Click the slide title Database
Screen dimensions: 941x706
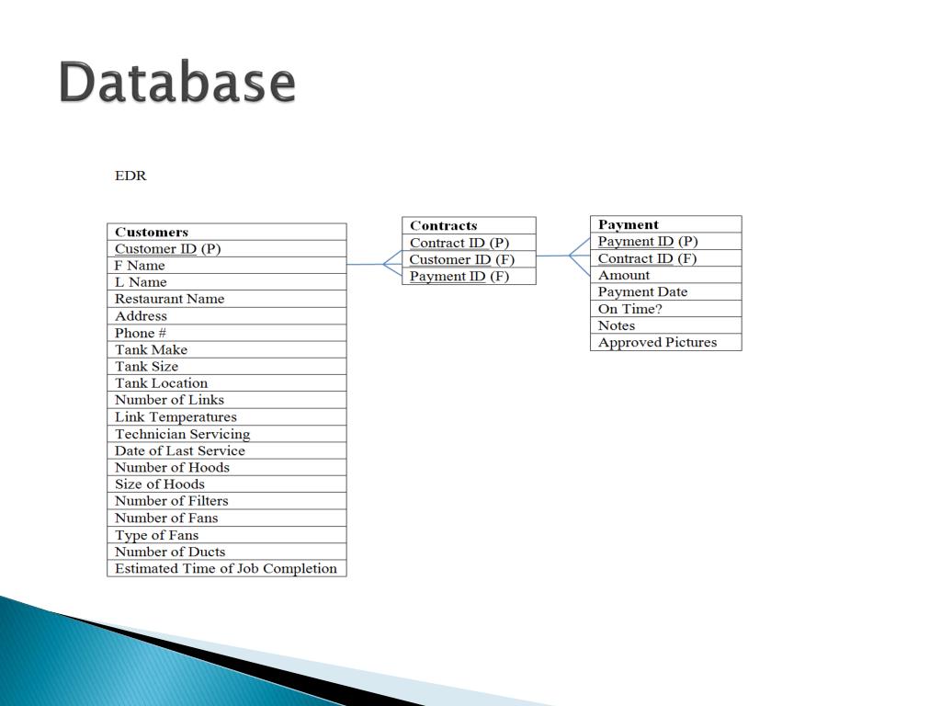point(177,83)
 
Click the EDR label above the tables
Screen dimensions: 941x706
point(130,175)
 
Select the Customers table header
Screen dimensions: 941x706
point(152,232)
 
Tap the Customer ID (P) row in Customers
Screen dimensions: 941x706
point(168,248)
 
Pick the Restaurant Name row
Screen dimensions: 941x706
point(169,299)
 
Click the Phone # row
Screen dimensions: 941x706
point(141,333)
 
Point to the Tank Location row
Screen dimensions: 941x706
point(161,383)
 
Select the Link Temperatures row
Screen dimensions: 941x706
point(176,416)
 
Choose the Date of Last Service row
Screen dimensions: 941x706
point(180,450)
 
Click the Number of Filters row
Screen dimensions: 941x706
point(172,501)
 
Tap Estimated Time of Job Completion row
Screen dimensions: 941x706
point(226,568)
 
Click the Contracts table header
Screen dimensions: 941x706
point(444,225)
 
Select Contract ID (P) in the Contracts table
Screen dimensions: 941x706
point(459,243)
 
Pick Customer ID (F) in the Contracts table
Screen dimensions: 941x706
point(462,259)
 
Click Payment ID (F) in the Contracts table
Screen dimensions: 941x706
point(459,276)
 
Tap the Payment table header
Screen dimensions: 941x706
point(629,224)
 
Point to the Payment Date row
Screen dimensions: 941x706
point(642,291)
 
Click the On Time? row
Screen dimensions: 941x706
point(630,309)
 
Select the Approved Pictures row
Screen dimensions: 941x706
point(657,342)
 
